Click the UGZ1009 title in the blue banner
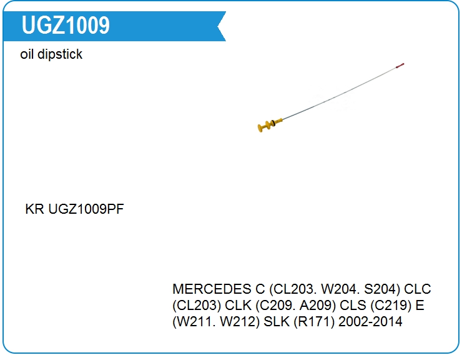pyautogui.click(x=66, y=25)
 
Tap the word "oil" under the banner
pyautogui.click(x=26, y=54)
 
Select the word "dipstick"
pyautogui.click(x=60, y=54)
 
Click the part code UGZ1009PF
pyautogui.click(x=86, y=209)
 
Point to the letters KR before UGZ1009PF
pyautogui.click(x=35, y=209)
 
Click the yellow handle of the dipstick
pyautogui.click(x=270, y=125)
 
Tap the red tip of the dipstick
pyautogui.click(x=400, y=66)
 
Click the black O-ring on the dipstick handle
pyautogui.click(x=273, y=122)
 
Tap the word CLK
pyautogui.click(x=238, y=306)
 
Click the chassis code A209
pyautogui.click(x=315, y=306)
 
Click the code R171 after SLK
pyautogui.click(x=314, y=322)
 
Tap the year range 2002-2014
pyautogui.click(x=370, y=322)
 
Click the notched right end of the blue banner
pyautogui.click(x=220, y=26)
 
